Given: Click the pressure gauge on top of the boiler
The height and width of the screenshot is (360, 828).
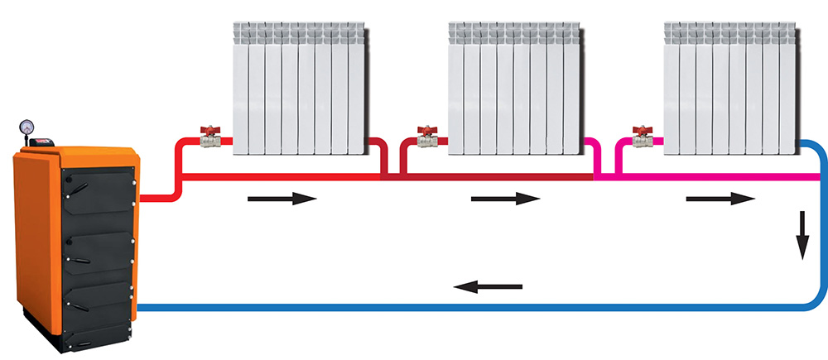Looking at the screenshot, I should coord(26,127).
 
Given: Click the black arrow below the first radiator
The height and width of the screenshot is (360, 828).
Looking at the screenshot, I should coord(282,199).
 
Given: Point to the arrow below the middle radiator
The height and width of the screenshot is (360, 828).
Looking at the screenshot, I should coord(505,199).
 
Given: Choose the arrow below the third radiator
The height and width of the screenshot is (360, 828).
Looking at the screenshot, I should coord(720,199).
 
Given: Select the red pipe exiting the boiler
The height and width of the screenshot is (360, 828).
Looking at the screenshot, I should coord(157,197).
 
